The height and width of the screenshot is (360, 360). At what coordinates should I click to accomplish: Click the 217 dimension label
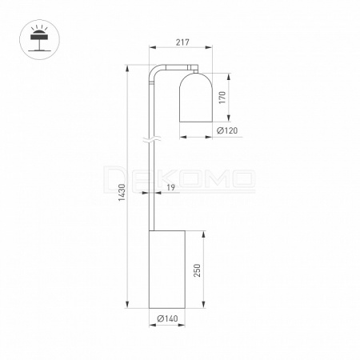(x=182, y=42)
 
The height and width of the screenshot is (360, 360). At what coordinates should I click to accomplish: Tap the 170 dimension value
(x=222, y=98)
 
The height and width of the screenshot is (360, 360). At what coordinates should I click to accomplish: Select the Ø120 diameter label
(x=227, y=130)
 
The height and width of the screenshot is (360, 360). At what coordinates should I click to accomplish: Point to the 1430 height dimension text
(x=122, y=193)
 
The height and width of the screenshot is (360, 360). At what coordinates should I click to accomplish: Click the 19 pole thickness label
(x=170, y=187)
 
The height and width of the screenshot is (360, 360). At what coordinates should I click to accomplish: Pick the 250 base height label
(x=197, y=270)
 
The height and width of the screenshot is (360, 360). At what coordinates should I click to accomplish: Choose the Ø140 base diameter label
(x=167, y=318)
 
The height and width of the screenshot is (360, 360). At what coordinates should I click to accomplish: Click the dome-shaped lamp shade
(x=196, y=98)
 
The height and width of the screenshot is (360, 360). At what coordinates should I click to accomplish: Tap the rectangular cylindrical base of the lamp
(x=167, y=270)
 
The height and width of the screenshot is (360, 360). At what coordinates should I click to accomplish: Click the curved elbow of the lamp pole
(x=153, y=70)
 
